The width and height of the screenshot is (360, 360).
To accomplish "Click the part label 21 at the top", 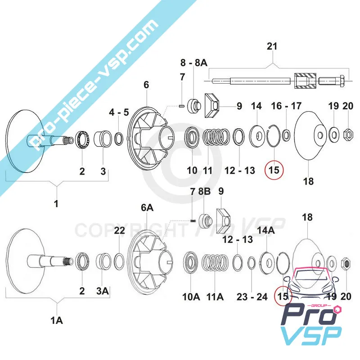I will (272, 46).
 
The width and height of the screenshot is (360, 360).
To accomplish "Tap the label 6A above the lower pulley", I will (147, 207).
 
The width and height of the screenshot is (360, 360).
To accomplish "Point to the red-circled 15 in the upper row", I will (274, 170).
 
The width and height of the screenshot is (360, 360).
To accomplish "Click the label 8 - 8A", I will (194, 63).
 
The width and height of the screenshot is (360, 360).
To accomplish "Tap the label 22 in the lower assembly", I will (119, 230).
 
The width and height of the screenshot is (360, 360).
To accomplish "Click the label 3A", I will (103, 291).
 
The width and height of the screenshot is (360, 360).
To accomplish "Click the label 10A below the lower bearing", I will (191, 297).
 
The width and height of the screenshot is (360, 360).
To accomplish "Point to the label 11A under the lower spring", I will (215, 297).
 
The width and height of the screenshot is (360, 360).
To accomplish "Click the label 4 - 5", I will (119, 112).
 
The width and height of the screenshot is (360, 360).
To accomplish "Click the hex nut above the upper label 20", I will (348, 134).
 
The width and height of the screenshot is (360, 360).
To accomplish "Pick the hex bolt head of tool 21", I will (342, 81).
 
